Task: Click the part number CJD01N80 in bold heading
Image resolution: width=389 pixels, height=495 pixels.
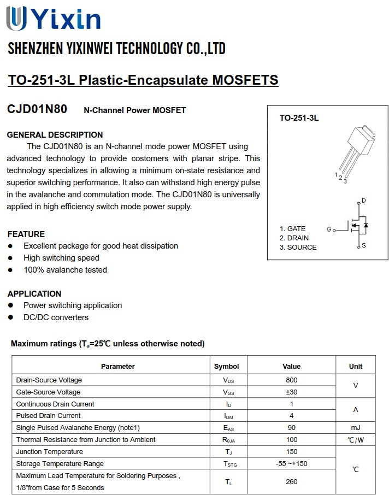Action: coord(37,109)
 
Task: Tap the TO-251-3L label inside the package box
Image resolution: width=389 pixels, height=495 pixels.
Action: coord(299,118)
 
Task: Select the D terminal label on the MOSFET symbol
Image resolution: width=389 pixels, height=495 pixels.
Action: coord(364,201)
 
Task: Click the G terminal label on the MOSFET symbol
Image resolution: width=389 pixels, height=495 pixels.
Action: coord(329,229)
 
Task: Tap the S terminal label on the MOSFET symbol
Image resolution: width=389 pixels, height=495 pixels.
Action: coord(364,246)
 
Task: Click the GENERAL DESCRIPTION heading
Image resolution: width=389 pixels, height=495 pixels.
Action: coord(55,134)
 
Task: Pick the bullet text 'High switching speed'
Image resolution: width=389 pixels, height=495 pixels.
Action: coord(61,258)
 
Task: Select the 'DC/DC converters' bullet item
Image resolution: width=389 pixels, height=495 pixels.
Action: coord(56,317)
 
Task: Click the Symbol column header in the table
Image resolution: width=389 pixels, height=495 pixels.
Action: coord(226,366)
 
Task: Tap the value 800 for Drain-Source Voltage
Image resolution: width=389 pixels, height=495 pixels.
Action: coord(292,380)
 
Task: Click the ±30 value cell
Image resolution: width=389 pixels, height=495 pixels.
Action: coord(292,392)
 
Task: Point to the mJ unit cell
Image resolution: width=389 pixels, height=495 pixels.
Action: coord(356,428)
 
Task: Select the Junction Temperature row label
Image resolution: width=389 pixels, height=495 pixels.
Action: coord(50,452)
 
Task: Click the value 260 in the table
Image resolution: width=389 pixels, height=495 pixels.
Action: coord(292,482)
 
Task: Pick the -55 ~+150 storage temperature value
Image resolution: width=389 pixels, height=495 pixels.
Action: coord(292,464)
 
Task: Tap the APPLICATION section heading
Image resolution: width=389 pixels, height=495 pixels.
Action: coord(34,293)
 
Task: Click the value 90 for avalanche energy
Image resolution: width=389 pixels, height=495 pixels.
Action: coord(292,428)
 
